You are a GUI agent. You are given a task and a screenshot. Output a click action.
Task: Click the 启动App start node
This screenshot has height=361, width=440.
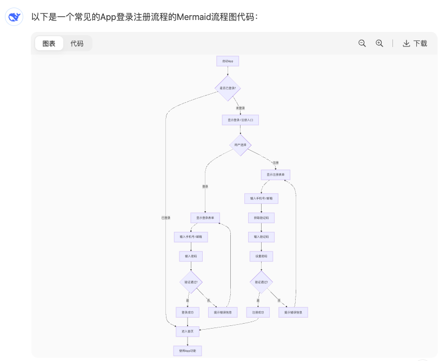(x=228, y=61)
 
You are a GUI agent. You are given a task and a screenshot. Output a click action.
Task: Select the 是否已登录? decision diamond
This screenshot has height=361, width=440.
(x=228, y=88)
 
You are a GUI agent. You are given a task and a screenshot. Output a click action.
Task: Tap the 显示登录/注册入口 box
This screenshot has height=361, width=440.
(x=240, y=120)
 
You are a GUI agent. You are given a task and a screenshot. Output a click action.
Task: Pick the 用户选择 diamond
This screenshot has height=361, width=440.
(x=240, y=145)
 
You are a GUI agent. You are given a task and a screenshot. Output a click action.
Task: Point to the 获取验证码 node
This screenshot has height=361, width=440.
(x=261, y=218)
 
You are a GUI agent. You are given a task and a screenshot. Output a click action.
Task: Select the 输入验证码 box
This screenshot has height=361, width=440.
(x=261, y=237)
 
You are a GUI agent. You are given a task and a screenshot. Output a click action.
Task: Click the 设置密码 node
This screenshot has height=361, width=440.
(x=261, y=256)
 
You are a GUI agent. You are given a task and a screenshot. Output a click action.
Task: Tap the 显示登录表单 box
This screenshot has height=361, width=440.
(x=205, y=218)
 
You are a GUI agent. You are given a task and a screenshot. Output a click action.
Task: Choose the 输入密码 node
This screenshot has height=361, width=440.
(x=191, y=256)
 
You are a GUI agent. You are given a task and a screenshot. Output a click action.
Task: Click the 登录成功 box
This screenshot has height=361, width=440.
(x=188, y=312)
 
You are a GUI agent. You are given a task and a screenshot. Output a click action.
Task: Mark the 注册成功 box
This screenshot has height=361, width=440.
(x=258, y=312)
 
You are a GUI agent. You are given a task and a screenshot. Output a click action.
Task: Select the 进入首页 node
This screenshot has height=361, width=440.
(x=188, y=331)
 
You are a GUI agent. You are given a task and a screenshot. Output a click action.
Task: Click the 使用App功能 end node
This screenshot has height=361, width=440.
(x=188, y=351)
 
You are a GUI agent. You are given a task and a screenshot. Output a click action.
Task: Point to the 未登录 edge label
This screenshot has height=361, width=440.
(x=240, y=108)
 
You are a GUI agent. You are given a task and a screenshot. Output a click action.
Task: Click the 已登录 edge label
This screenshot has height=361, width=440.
(x=166, y=218)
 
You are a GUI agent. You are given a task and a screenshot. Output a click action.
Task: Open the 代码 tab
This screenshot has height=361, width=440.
(x=77, y=43)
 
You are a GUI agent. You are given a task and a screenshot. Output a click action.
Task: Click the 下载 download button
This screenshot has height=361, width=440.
(x=415, y=43)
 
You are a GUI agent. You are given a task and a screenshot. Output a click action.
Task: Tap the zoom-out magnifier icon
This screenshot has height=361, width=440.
(x=362, y=43)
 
